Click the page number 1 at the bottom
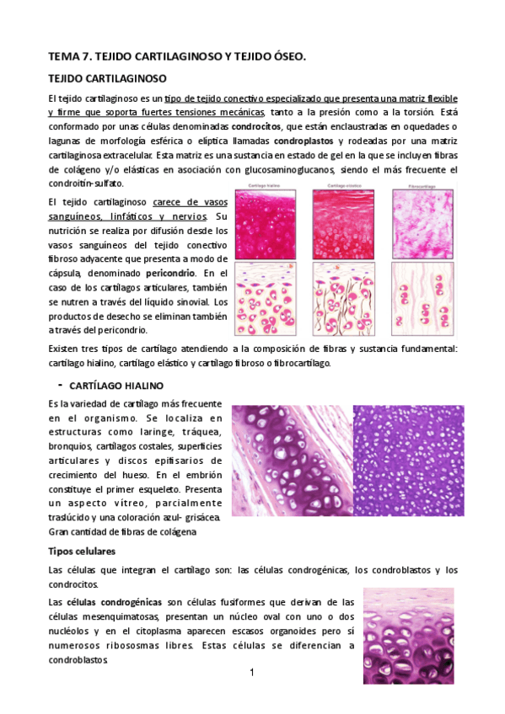pyautogui.click(x=251, y=673)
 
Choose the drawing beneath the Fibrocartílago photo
pyautogui.click(x=423, y=300)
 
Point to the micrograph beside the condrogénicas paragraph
pyautogui.click(x=408, y=624)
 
